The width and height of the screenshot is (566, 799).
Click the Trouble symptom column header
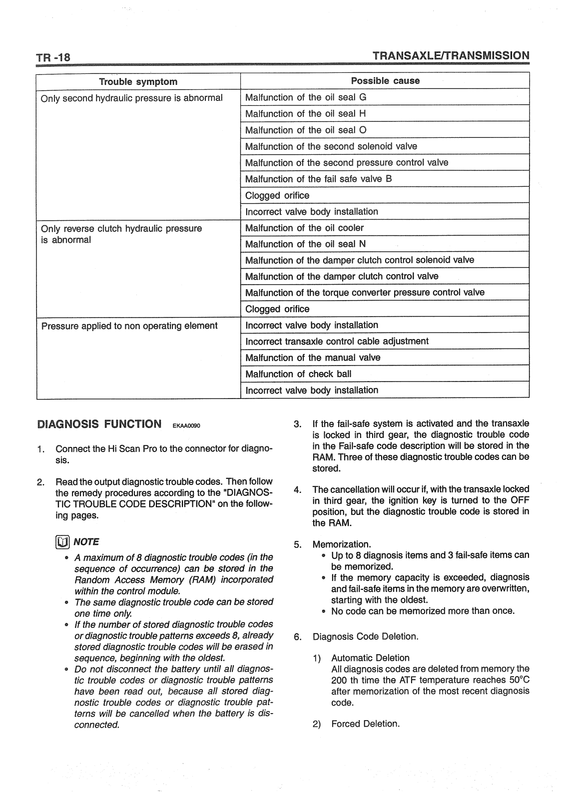click(x=138, y=81)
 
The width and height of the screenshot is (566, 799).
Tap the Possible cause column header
click(x=385, y=81)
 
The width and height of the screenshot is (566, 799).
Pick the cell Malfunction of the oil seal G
click(x=306, y=97)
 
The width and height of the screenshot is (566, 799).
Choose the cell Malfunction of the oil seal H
click(x=306, y=113)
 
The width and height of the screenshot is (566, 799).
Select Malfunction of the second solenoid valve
click(x=331, y=146)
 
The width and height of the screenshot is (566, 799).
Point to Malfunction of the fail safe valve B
click(x=318, y=179)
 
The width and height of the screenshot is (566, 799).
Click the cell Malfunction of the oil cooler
click(x=304, y=228)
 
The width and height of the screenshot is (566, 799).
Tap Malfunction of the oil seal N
click(x=305, y=244)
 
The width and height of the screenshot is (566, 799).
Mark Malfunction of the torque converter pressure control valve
click(x=365, y=292)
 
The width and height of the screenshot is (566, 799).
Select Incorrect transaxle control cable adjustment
click(x=337, y=341)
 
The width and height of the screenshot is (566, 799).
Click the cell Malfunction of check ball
click(x=298, y=374)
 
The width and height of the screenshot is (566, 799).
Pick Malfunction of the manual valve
click(x=313, y=358)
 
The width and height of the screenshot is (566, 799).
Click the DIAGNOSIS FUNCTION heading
click(x=99, y=424)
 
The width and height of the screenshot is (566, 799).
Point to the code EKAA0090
click(x=186, y=426)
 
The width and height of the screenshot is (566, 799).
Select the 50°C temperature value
click(x=520, y=680)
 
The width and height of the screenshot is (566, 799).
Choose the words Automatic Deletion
click(x=370, y=658)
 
